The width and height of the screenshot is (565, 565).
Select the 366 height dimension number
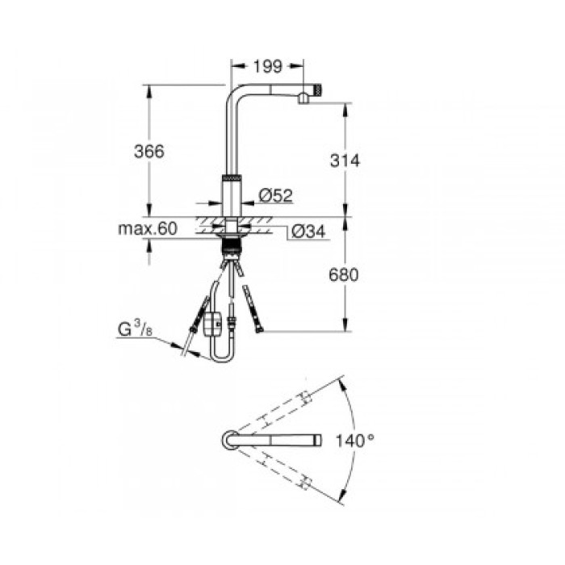(x=149, y=151)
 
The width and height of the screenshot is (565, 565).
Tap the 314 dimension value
(x=345, y=161)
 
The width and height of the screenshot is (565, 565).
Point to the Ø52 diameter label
(x=275, y=195)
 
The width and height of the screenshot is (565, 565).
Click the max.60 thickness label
(x=147, y=229)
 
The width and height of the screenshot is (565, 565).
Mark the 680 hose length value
(x=345, y=274)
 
